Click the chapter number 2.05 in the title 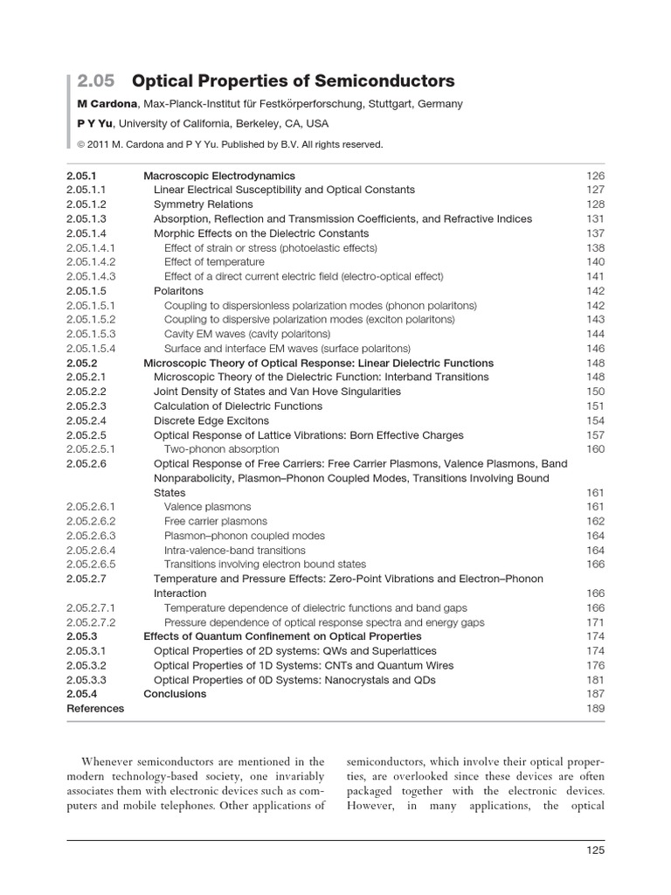(95, 81)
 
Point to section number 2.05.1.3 (86, 219)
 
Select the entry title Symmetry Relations (203, 205)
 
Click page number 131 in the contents (595, 219)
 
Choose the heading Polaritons (178, 291)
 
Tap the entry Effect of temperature (214, 262)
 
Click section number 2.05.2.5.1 (92, 449)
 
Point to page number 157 (595, 435)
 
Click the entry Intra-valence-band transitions (234, 551)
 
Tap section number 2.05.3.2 (86, 666)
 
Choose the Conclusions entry (175, 694)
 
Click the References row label (95, 709)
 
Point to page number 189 (595, 709)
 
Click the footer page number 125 (595, 850)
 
